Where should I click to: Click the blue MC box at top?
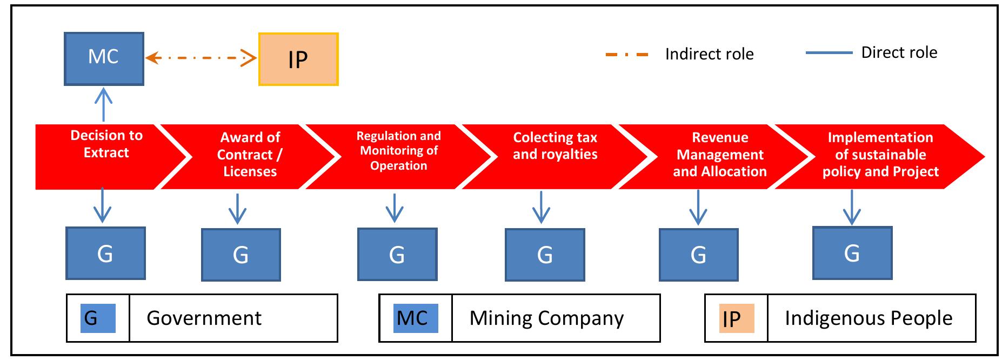[104, 58]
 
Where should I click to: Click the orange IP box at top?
[298, 59]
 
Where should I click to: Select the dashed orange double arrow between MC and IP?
[201, 57]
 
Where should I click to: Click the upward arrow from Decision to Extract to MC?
[103, 105]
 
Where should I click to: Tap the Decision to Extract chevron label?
[106, 144]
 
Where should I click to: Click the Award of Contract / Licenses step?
[249, 155]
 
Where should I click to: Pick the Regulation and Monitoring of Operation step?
[398, 151]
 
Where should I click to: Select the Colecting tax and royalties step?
[555, 146]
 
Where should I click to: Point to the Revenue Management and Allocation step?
[719, 155]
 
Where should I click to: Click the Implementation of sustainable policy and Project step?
[880, 155]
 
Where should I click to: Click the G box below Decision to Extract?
[105, 253]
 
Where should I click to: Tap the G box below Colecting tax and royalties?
[545, 255]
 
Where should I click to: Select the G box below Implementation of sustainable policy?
[852, 253]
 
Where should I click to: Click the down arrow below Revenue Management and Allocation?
[698, 208]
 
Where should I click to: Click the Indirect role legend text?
[709, 54]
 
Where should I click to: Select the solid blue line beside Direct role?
[829, 53]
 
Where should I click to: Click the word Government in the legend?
[204, 318]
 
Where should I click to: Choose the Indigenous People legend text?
[868, 318]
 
